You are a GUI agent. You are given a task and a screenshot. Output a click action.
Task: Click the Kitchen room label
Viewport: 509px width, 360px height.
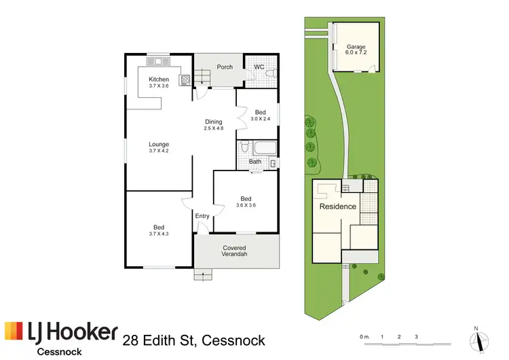(159, 79)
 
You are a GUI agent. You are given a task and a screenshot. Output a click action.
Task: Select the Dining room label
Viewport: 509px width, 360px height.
(214, 122)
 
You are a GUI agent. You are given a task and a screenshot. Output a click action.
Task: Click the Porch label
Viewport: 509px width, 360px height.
(225, 67)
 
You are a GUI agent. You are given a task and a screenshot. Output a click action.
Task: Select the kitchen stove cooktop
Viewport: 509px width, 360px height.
(185, 79)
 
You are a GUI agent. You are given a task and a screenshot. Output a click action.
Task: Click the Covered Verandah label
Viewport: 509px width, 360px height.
(235, 251)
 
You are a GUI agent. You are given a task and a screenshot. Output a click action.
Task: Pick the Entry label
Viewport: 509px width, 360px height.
(202, 216)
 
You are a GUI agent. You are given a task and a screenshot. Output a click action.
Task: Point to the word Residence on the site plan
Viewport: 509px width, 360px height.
(338, 206)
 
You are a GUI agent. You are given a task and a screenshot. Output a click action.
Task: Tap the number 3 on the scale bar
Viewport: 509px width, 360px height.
(416, 336)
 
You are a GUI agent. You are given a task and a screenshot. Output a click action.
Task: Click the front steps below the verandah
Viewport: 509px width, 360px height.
(202, 275)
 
